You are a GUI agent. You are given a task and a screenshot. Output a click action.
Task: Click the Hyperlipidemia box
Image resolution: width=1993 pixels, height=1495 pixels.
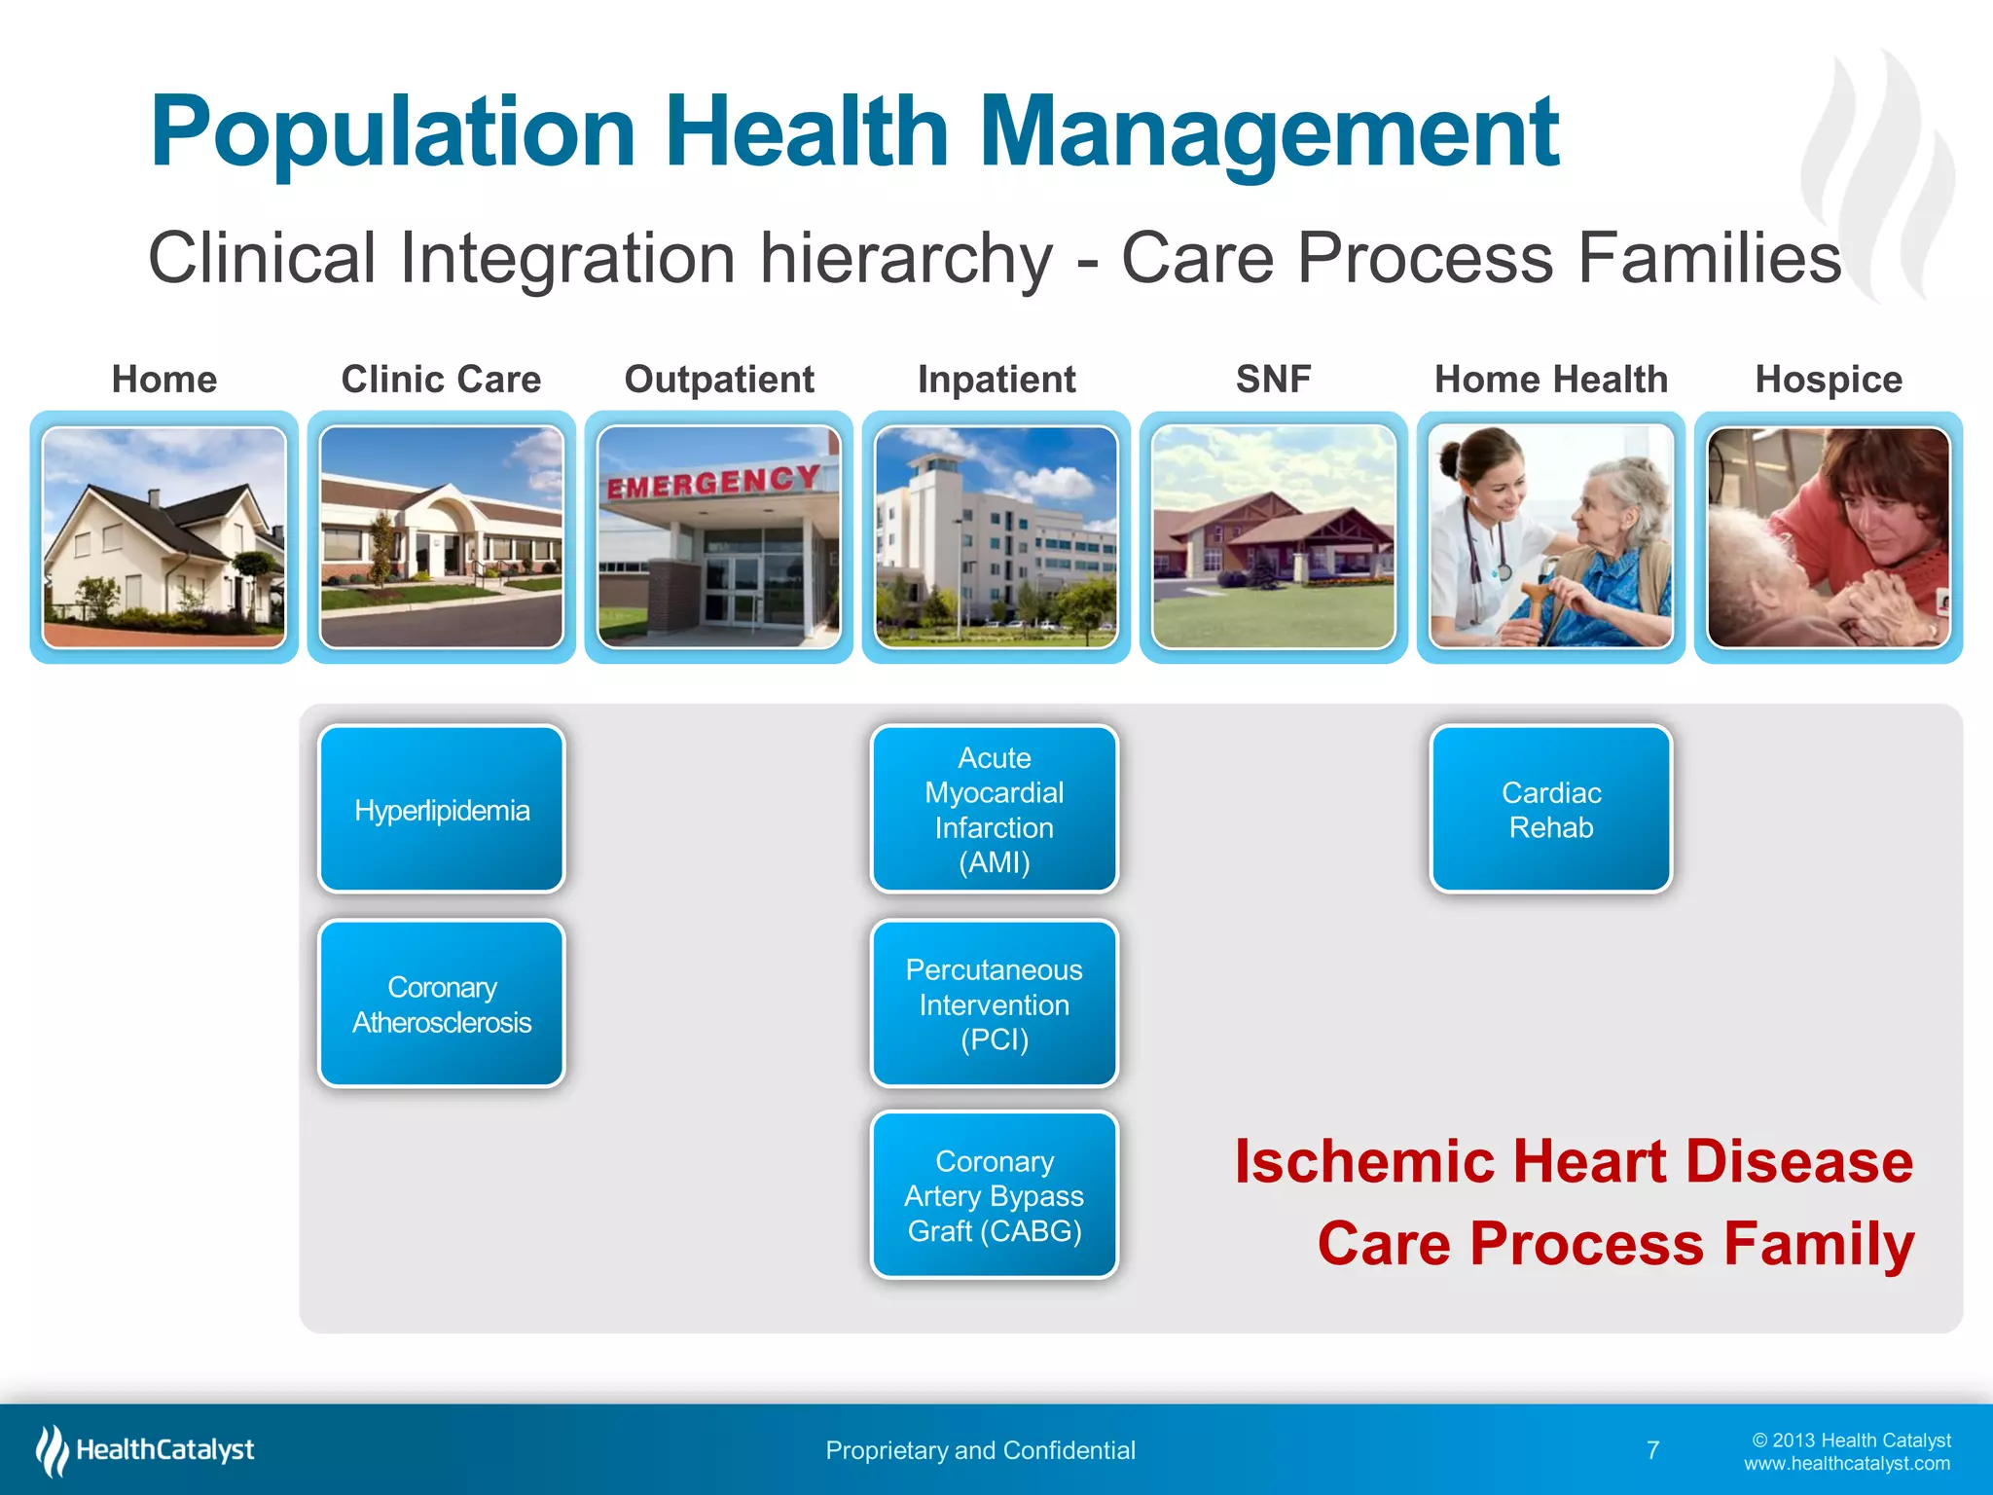click(x=442, y=810)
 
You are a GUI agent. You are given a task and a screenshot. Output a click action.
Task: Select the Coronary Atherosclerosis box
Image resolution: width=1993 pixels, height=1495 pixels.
click(x=442, y=1003)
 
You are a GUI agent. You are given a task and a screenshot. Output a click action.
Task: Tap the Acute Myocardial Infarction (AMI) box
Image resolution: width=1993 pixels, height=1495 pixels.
click(x=994, y=810)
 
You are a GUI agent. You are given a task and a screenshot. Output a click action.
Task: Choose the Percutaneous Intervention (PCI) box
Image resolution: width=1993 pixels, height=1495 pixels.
click(x=994, y=1003)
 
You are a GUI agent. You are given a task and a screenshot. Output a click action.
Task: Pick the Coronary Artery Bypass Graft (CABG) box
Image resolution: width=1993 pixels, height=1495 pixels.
click(x=994, y=1195)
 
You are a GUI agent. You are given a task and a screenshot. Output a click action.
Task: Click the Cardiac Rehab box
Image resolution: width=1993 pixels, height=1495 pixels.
click(x=1551, y=810)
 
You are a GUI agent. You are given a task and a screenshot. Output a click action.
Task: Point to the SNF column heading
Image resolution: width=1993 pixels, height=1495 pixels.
click(x=1273, y=380)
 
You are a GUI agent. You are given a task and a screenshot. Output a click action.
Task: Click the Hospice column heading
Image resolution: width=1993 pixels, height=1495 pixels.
click(x=1828, y=380)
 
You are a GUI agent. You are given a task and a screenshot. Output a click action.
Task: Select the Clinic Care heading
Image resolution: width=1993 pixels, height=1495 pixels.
click(x=441, y=380)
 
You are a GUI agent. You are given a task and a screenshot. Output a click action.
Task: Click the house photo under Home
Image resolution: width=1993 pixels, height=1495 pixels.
click(x=164, y=538)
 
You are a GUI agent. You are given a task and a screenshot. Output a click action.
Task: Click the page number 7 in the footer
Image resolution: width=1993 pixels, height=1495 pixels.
click(x=1652, y=1450)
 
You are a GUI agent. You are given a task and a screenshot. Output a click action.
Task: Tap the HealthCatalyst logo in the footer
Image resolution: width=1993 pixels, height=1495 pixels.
click(x=146, y=1450)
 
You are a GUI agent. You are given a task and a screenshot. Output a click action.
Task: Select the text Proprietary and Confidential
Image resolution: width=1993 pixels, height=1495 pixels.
click(x=980, y=1450)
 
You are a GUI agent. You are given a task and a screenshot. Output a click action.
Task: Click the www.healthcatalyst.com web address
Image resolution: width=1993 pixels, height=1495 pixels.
click(x=1846, y=1464)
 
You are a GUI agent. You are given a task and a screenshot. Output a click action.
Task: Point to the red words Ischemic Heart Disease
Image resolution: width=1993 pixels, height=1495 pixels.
click(x=1573, y=1161)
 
